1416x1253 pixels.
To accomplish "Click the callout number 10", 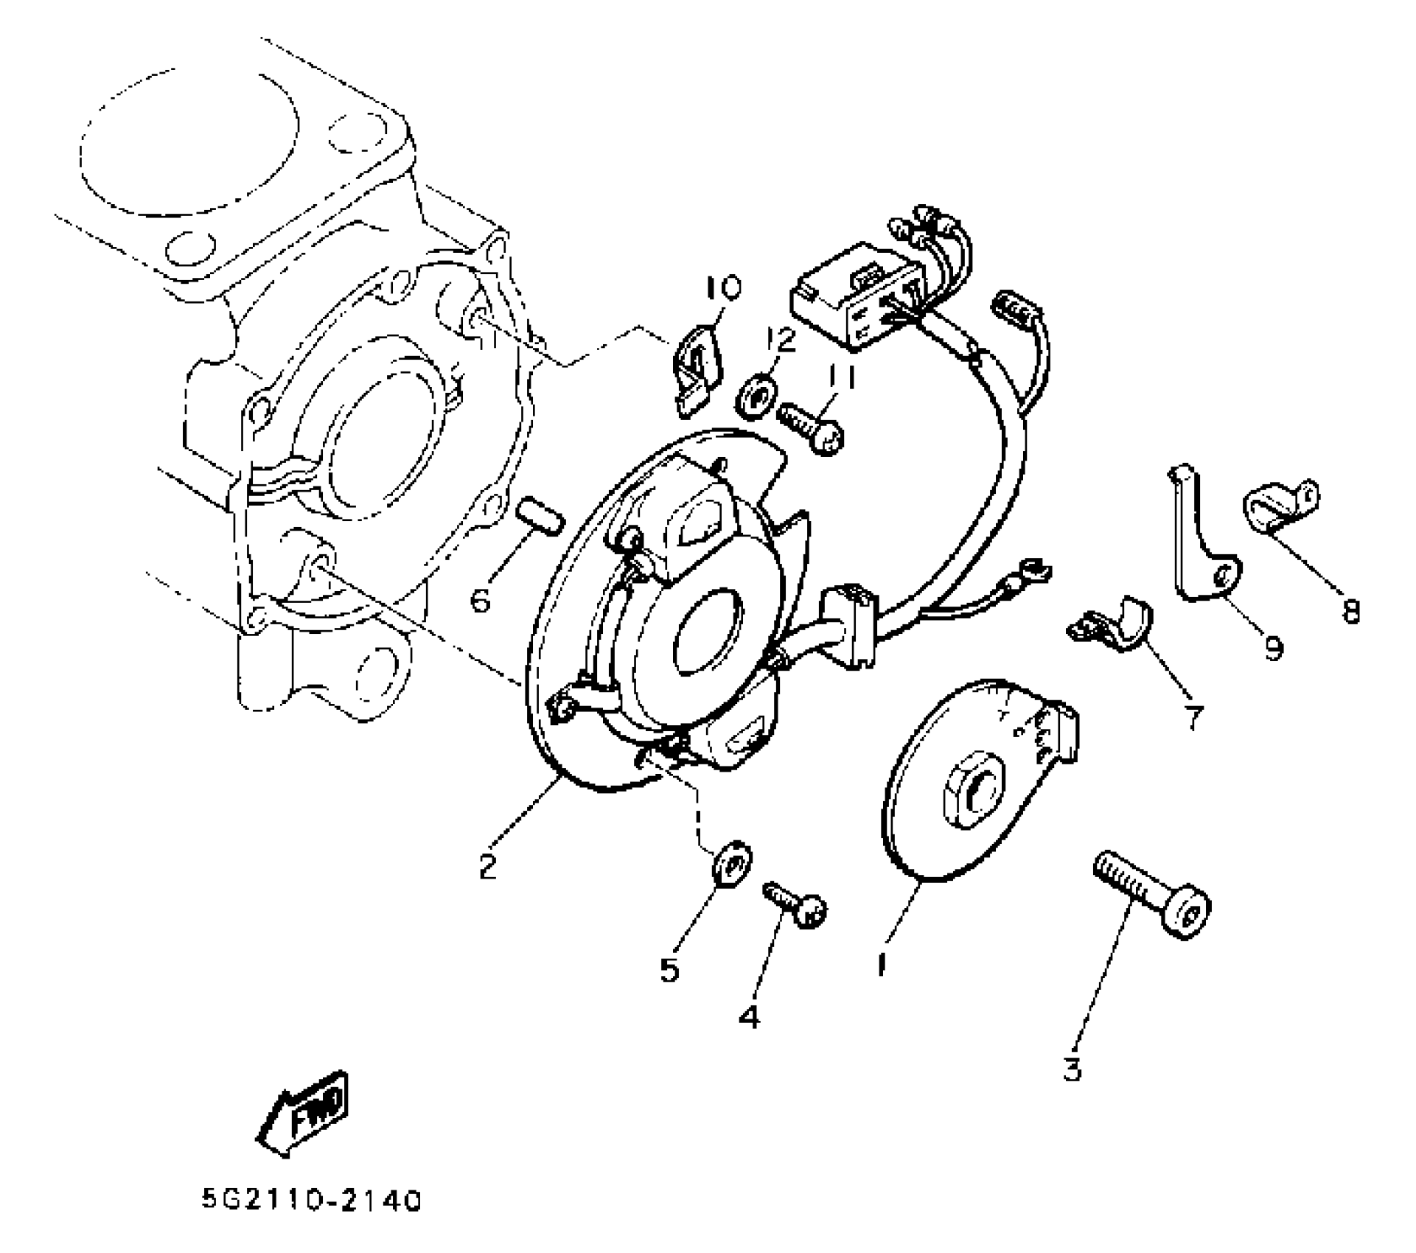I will click(723, 289).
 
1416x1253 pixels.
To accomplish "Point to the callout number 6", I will click(481, 601).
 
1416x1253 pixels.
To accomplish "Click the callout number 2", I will click(487, 865).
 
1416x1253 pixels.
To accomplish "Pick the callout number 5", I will click(669, 970).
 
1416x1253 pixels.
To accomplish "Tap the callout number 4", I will click(748, 1017).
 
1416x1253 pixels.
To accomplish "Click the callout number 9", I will click(1273, 648).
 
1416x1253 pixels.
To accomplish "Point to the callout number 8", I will click(1350, 610).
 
